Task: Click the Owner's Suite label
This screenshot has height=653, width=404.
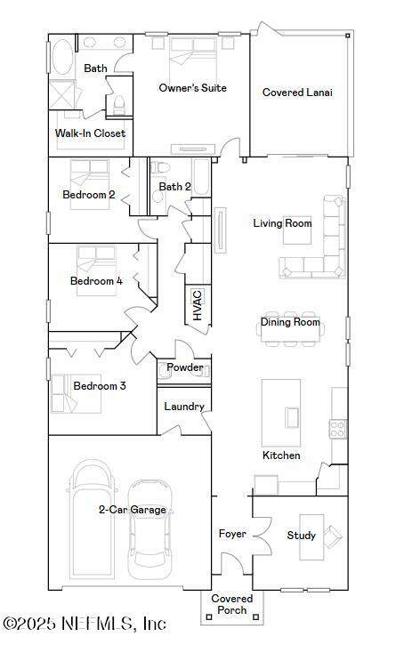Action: [x=192, y=88]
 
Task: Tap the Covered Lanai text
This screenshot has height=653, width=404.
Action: [x=297, y=93]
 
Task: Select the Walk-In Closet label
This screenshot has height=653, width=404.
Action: [x=90, y=133]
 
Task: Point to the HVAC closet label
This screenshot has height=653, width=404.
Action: [x=198, y=305]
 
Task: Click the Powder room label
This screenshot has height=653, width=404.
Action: [x=185, y=367]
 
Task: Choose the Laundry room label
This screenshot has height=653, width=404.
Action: [x=184, y=407]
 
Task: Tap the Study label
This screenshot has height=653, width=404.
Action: [x=301, y=536]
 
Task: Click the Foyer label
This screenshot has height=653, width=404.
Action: [x=233, y=534]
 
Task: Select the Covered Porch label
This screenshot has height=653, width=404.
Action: [x=232, y=604]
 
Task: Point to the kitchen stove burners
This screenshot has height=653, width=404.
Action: [x=338, y=429]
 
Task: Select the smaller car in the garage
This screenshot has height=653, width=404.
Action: [x=149, y=529]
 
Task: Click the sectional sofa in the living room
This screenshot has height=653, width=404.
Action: [x=317, y=244]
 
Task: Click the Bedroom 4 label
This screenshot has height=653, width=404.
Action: [x=96, y=281]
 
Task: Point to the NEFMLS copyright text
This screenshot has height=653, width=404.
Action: [x=85, y=625]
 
